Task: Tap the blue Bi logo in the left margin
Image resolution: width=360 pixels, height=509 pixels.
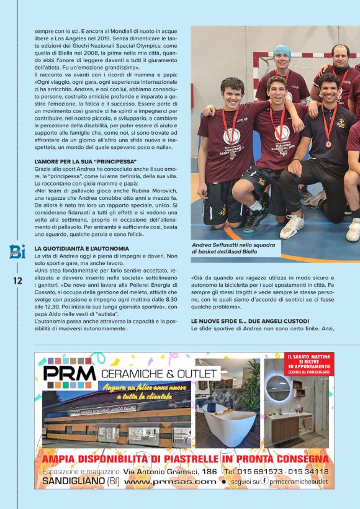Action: [17, 251]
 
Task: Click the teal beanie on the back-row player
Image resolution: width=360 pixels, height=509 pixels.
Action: [282, 53]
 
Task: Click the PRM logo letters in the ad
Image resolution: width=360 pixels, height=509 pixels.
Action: [70, 373]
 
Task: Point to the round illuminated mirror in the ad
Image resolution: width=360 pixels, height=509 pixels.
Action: [277, 388]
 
